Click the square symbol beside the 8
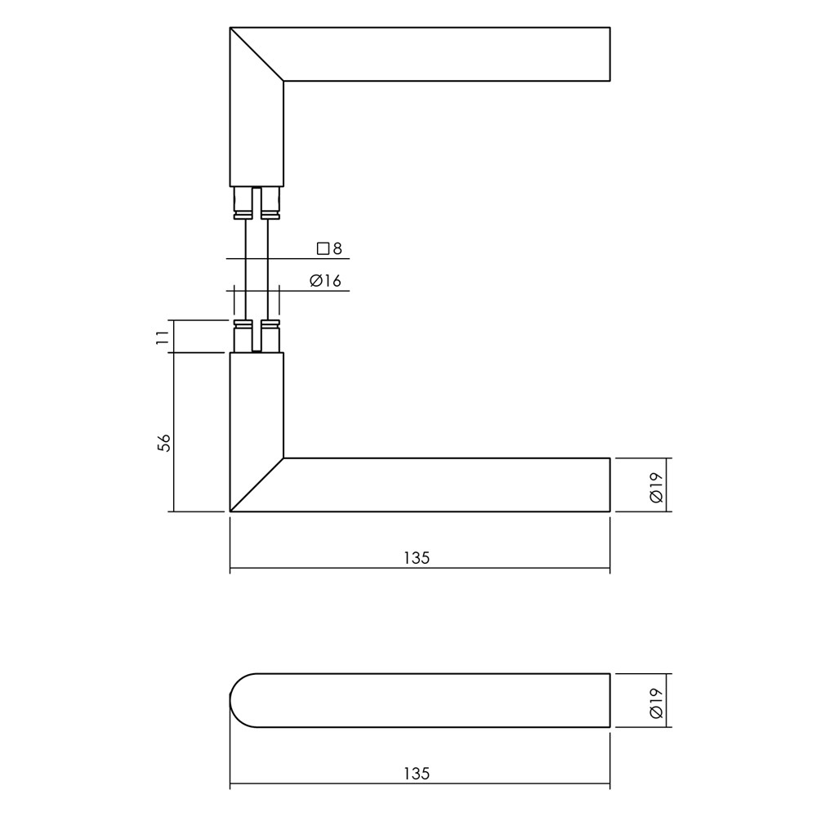pyautogui.click(x=323, y=248)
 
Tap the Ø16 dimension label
pyautogui.click(x=325, y=281)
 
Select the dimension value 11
pyautogui.click(x=163, y=337)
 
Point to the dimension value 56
pyautogui.click(x=163, y=442)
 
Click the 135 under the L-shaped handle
pyautogui.click(x=417, y=558)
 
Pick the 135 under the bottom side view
pyautogui.click(x=417, y=774)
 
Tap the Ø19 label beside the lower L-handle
pyautogui.click(x=656, y=487)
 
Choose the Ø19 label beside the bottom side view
pyautogui.click(x=656, y=703)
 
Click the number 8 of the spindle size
pyautogui.click(x=337, y=248)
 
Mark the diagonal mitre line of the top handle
pyautogui.click(x=257, y=54)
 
